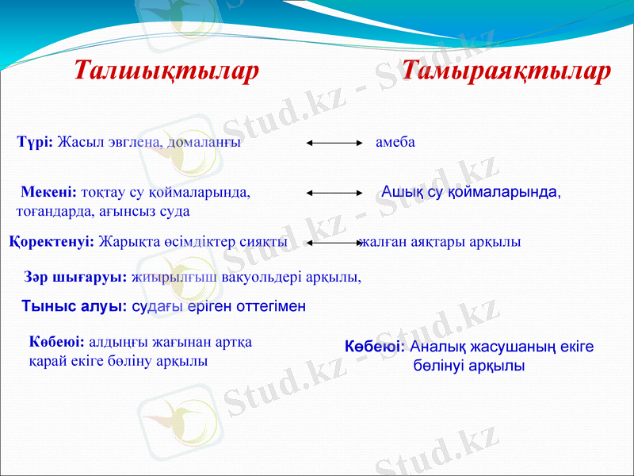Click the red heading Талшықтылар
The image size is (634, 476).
point(166,71)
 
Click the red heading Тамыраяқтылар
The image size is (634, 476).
point(506,71)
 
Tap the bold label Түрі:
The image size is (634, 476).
point(35,142)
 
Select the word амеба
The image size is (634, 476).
point(395,142)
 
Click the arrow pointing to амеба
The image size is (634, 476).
point(334,143)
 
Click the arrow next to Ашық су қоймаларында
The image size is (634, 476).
point(334,193)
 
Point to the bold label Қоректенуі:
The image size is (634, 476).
point(52,242)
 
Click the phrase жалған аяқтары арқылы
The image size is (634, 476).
point(440,242)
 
